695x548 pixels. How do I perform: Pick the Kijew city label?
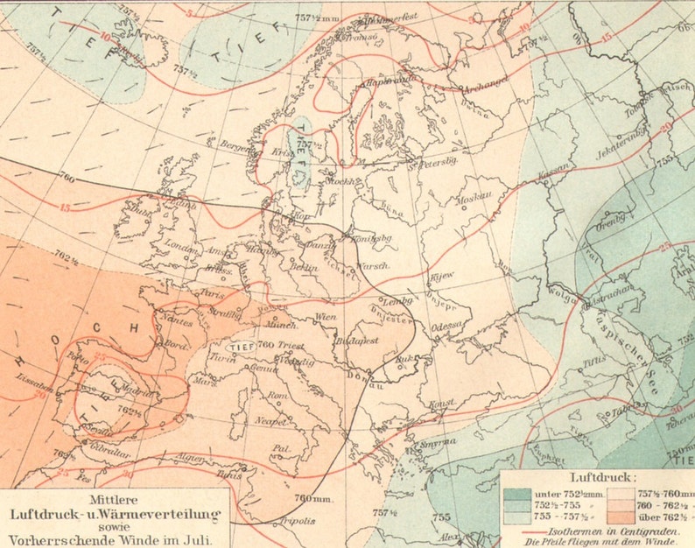point(439,274)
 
